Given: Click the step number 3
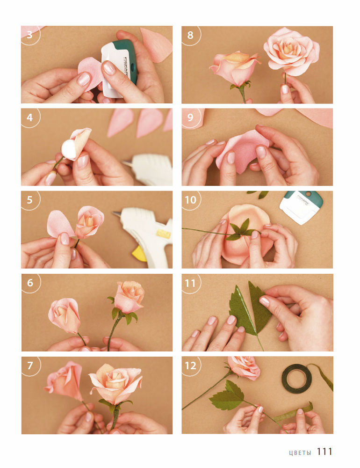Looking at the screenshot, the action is [29, 35].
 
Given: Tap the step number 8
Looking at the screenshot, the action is [190, 35].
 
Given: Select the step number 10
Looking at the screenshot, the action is [191, 200].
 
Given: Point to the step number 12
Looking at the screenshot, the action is [191, 366].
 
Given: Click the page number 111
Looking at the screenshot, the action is [324, 452].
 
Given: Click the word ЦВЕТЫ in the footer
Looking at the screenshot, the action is [300, 453].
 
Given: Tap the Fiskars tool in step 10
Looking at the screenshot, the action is [301, 207].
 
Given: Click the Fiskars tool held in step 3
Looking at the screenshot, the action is [119, 67].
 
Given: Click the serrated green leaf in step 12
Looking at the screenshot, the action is [227, 395].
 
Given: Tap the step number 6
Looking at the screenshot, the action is [30, 283].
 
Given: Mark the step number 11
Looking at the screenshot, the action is [190, 283].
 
